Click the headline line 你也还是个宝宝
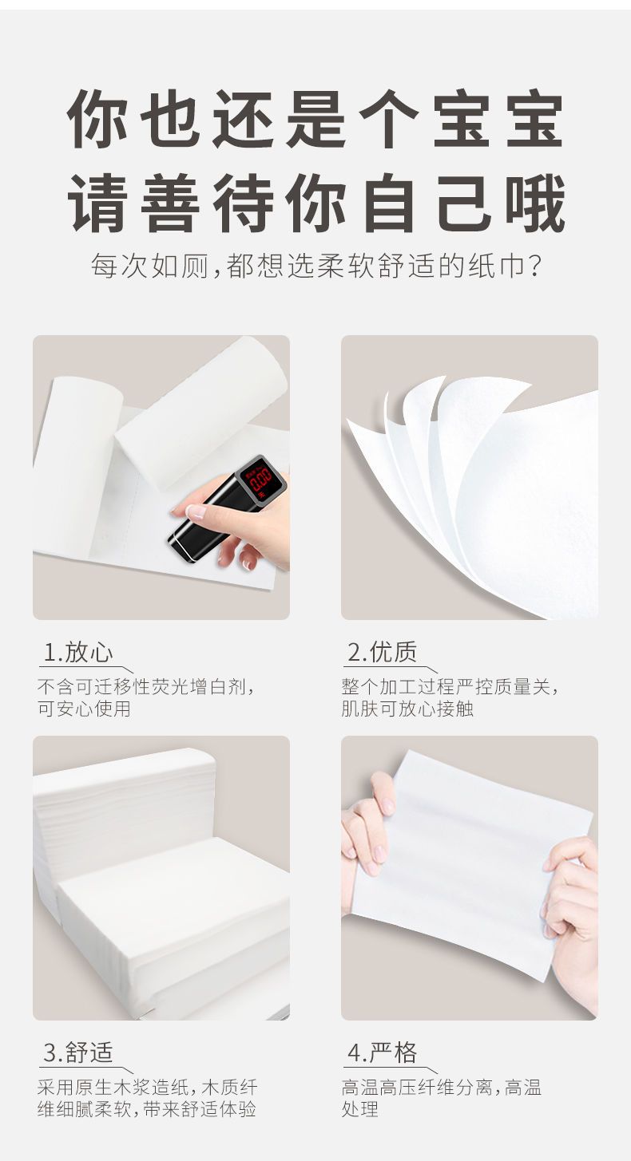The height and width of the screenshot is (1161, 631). [x=315, y=119]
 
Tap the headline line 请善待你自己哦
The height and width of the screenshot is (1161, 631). [x=316, y=203]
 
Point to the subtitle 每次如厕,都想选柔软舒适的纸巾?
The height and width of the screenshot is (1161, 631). [x=316, y=266]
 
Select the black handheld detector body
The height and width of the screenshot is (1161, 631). [x=228, y=510]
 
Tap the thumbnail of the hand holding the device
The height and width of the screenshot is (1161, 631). [x=161, y=477]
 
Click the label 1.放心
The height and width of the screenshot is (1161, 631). [x=78, y=652]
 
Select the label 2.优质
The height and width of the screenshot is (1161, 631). [x=383, y=651]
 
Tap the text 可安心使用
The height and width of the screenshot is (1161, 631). [x=84, y=709]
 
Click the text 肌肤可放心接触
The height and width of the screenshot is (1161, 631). [x=407, y=709]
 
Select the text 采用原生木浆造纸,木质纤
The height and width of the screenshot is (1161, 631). [x=148, y=1088]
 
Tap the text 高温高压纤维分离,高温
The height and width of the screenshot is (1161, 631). [x=442, y=1088]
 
